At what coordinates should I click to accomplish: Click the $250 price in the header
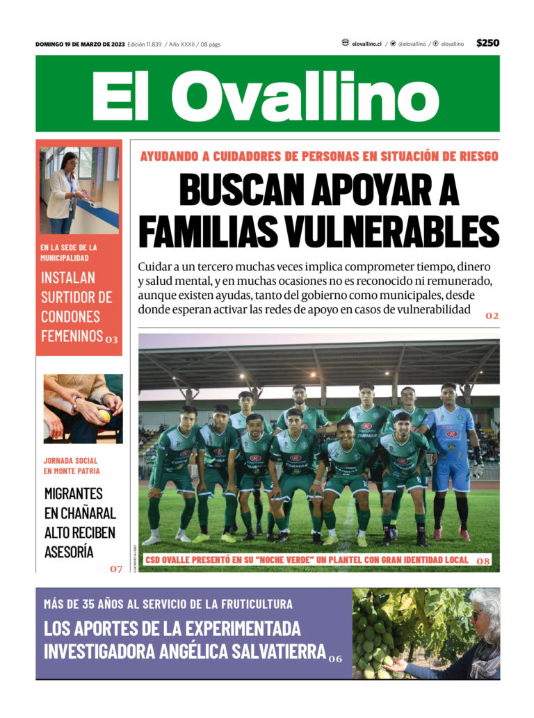click(x=487, y=43)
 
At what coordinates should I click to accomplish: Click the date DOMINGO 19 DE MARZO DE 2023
click(x=80, y=44)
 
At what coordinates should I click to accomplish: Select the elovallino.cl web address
click(x=366, y=44)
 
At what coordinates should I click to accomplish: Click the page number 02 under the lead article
click(x=492, y=316)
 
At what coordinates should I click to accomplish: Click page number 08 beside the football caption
click(x=484, y=560)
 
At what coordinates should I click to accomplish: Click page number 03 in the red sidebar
click(x=112, y=340)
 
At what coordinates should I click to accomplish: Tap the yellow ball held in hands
click(x=104, y=416)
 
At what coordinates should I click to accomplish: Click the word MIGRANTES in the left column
click(x=73, y=493)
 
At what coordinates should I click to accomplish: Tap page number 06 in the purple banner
click(x=335, y=658)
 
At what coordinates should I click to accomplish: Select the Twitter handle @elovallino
click(x=412, y=44)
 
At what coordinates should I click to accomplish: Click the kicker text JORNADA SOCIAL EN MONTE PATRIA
click(x=70, y=466)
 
